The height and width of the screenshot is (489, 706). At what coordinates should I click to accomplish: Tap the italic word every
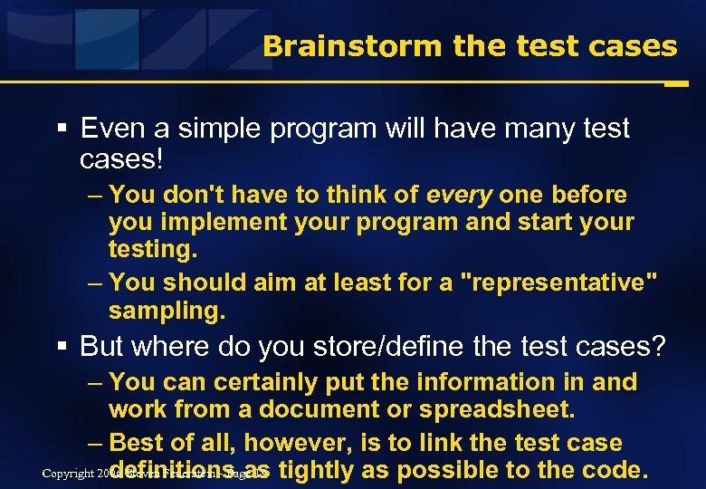[x=459, y=195]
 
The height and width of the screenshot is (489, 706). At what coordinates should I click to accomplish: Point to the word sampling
[x=166, y=312]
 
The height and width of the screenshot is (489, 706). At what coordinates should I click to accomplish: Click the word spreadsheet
[x=496, y=409]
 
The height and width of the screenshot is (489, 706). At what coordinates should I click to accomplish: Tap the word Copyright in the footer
[x=69, y=475]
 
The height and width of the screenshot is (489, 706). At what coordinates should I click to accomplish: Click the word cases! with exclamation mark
[x=122, y=159]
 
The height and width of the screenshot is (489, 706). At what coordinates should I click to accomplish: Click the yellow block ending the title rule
[x=675, y=83]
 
